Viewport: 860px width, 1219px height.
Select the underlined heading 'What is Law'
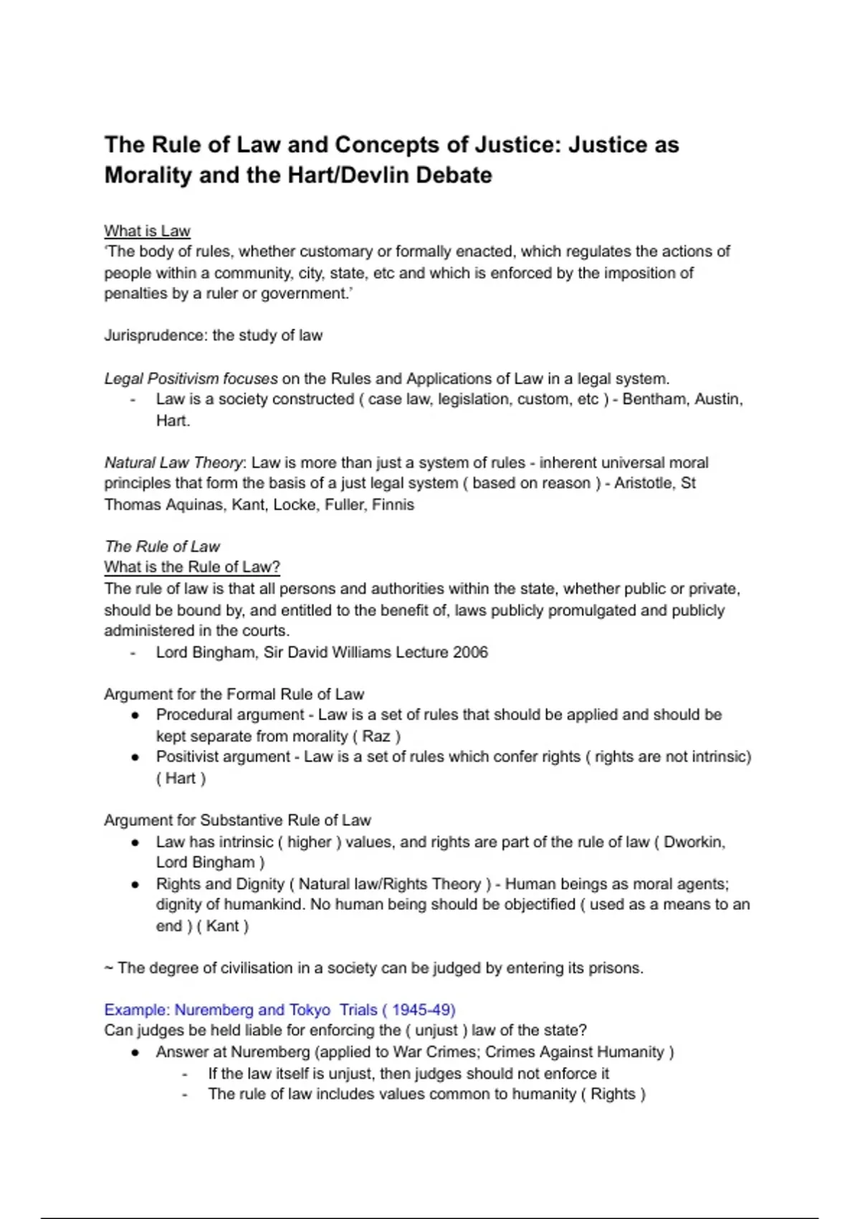click(x=147, y=231)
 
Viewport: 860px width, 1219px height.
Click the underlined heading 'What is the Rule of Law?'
click(x=191, y=567)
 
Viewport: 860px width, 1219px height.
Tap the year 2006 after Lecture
click(x=470, y=653)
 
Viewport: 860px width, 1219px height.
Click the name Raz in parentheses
click(x=376, y=736)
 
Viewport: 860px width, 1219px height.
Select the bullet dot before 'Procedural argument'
click(x=135, y=716)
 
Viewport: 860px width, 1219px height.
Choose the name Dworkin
click(x=694, y=842)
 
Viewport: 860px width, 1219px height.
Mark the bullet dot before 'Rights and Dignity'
click(x=135, y=885)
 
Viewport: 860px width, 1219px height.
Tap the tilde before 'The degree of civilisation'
click(x=108, y=968)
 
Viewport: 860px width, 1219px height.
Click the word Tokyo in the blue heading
click(x=310, y=1010)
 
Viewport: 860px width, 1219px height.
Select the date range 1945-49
click(x=423, y=1010)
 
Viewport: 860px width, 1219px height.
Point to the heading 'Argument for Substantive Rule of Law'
click(x=237, y=820)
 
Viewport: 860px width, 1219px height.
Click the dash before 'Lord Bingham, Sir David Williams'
click(x=133, y=653)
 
